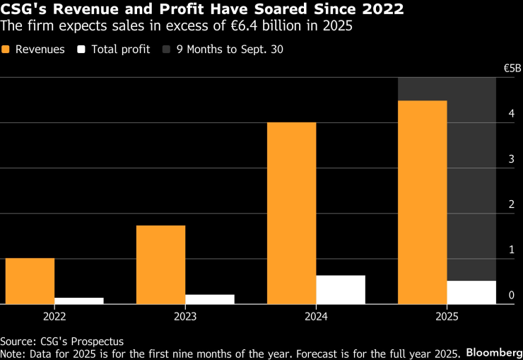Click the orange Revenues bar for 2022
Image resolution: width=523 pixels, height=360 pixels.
coord(30,281)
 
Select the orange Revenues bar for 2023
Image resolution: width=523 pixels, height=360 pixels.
coord(160,265)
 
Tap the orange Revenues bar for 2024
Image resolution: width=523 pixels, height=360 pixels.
coord(291,213)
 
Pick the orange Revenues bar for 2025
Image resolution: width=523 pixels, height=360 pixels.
coord(422,202)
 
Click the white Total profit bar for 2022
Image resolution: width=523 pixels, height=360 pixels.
coord(79,301)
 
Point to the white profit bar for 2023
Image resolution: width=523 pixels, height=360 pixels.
coord(210,299)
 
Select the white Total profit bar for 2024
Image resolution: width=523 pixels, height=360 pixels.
coord(341,289)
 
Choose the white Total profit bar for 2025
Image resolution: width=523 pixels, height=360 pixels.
coord(471,292)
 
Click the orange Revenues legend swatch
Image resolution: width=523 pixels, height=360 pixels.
coord(6,50)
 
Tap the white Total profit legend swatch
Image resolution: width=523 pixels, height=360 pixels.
coord(81,50)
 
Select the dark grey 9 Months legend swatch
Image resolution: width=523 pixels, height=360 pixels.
coord(167,50)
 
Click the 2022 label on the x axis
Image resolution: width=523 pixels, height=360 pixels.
coord(55,316)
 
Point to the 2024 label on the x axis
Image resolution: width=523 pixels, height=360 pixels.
coord(316,316)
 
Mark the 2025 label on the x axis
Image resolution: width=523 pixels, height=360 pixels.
coord(447,316)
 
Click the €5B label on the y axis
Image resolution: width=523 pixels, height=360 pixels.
coord(512,69)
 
